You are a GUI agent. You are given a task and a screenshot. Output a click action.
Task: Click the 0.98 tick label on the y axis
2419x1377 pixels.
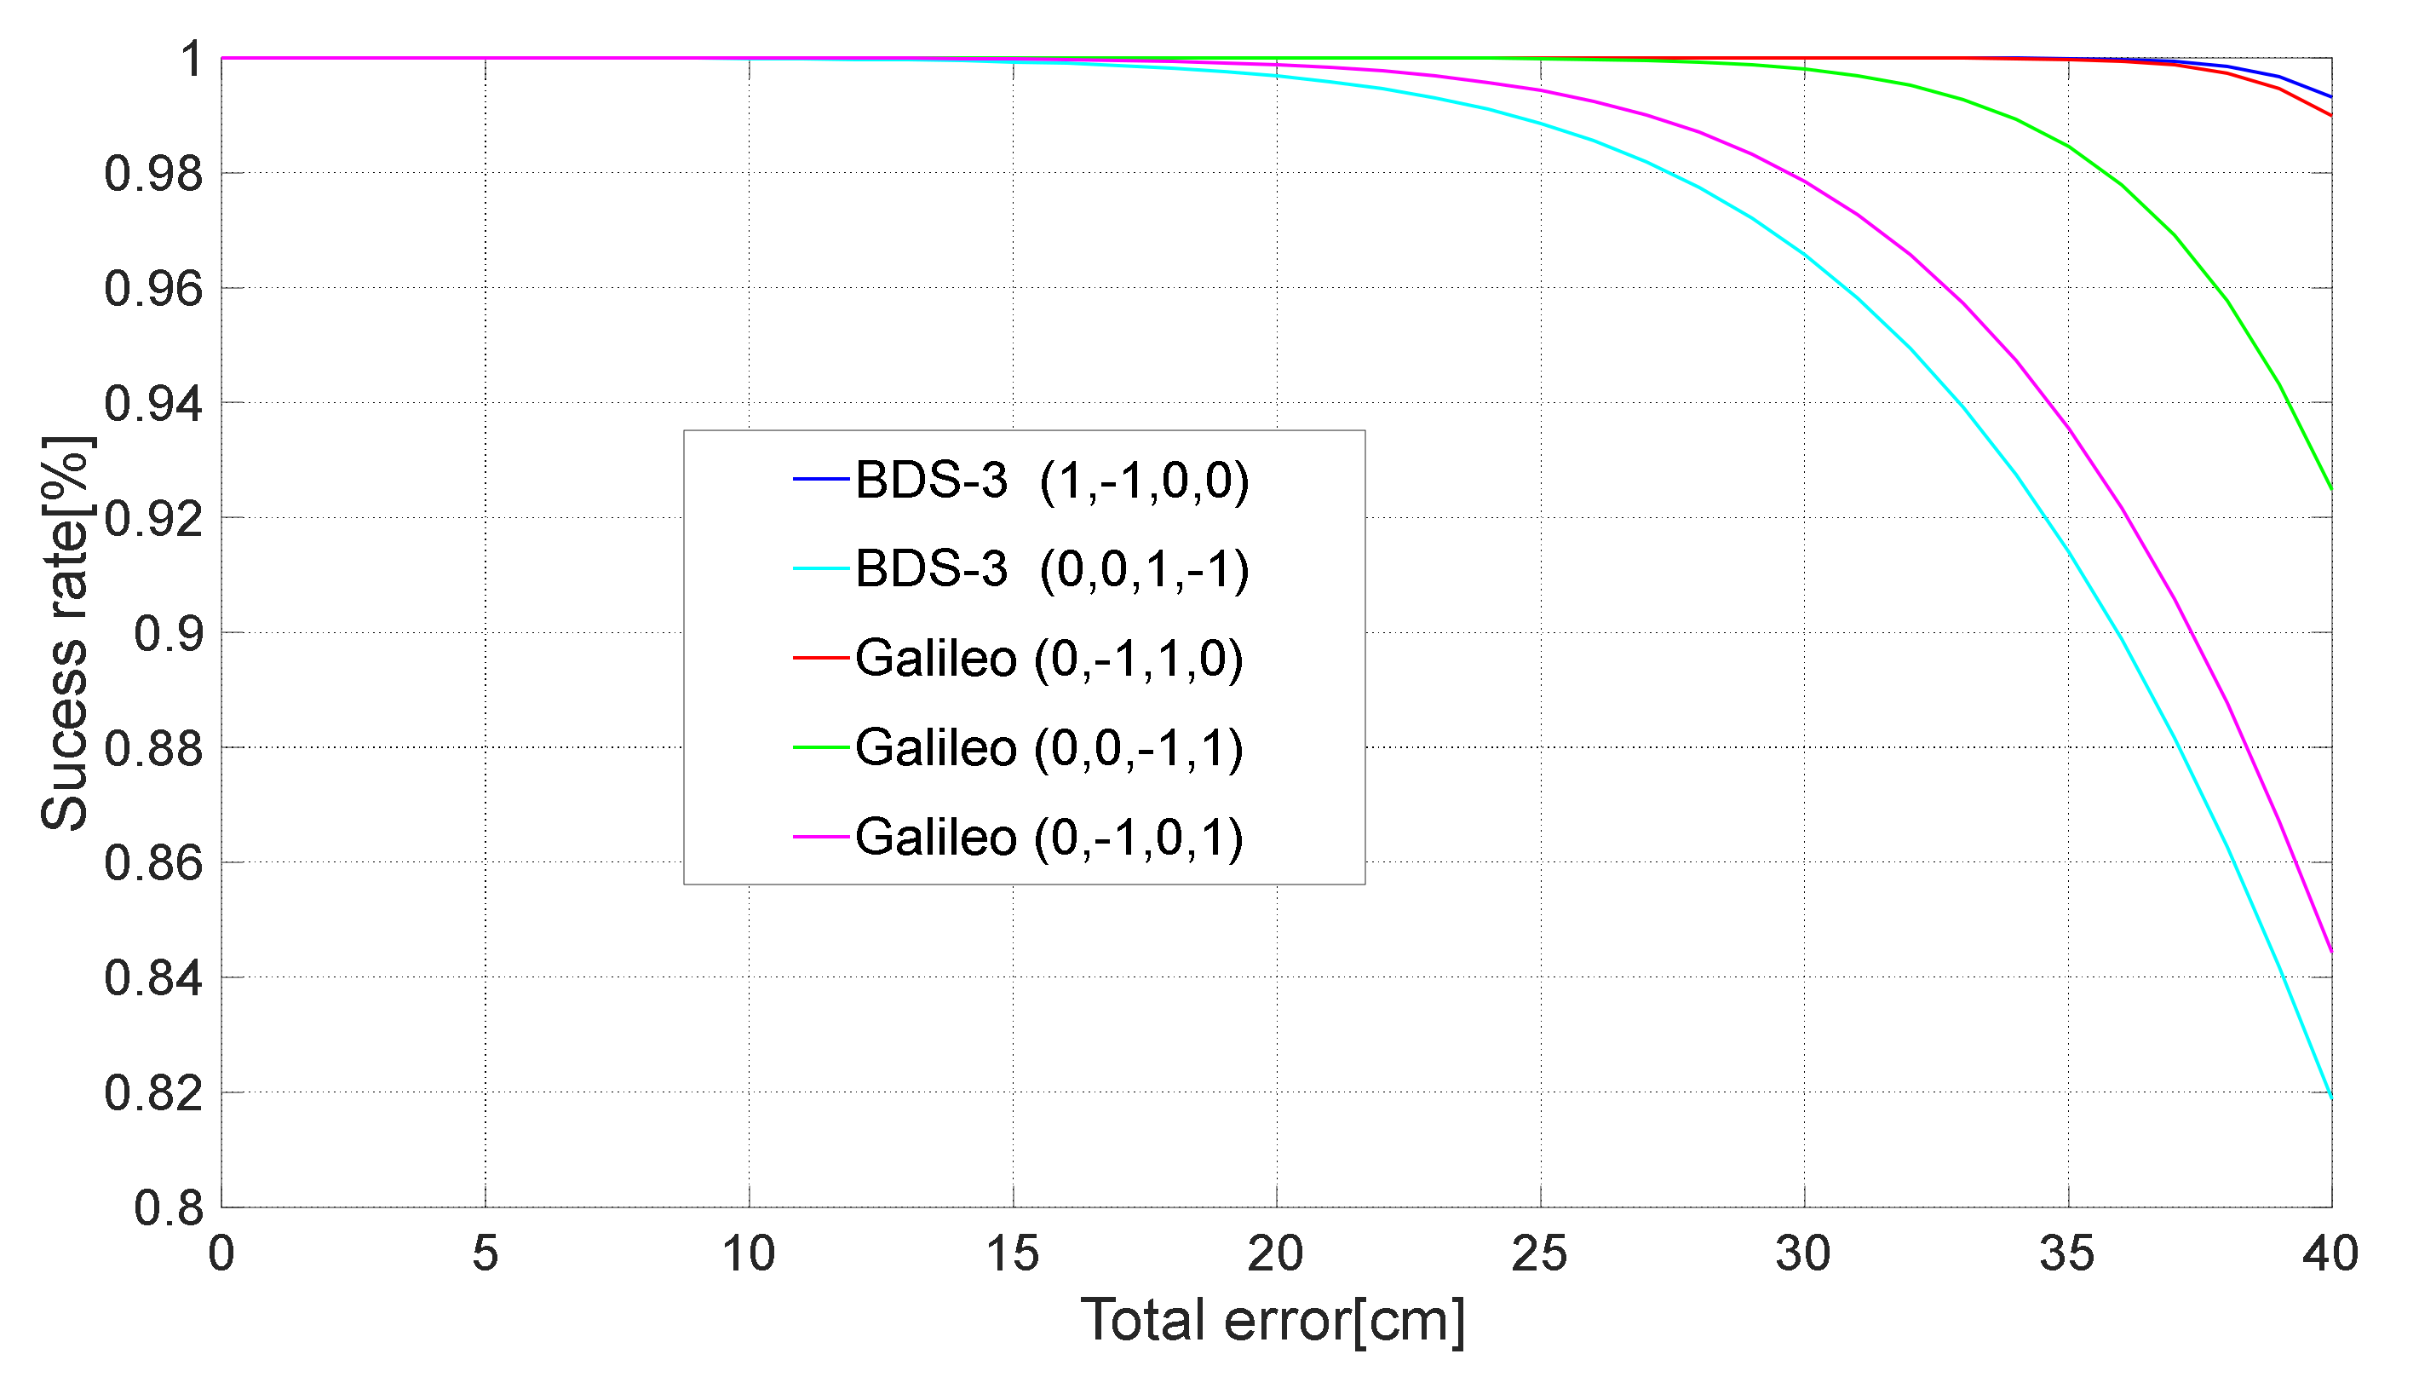pos(153,175)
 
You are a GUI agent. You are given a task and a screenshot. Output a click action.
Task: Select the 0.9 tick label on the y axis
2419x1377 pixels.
pos(169,634)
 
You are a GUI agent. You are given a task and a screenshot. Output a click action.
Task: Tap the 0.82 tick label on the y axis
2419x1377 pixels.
pos(153,1093)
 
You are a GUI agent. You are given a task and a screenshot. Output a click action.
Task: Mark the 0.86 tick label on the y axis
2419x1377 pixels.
pos(153,863)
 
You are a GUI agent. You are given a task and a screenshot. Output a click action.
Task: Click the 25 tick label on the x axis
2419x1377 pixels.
pos(1540,1254)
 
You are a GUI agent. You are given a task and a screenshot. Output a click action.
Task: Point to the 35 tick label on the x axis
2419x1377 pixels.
pos(2067,1254)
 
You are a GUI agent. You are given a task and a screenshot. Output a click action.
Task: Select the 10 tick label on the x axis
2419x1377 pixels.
pos(749,1254)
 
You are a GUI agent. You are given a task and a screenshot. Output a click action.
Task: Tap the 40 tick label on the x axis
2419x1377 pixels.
pos(2330,1254)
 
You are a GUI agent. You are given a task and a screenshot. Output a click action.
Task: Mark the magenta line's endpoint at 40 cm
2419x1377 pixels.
pos(2331,953)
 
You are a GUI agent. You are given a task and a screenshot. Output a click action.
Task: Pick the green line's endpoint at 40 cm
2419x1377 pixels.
pos(2331,489)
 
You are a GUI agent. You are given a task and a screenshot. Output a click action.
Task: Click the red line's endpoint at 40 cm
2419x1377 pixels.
pos(2331,115)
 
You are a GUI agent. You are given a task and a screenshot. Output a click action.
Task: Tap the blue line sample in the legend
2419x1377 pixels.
pos(820,480)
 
